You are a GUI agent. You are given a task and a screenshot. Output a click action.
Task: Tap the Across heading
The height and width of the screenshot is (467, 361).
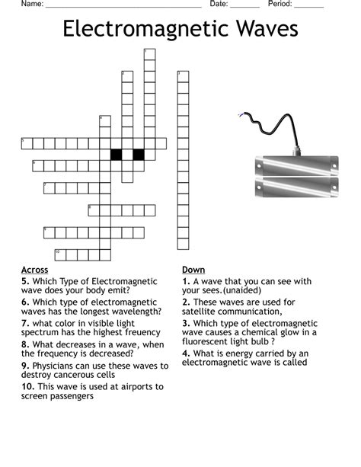point(35,270)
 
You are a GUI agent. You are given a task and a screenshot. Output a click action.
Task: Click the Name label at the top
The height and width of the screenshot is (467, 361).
point(31,4)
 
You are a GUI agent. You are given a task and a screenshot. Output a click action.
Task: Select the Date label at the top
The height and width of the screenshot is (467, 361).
point(218,4)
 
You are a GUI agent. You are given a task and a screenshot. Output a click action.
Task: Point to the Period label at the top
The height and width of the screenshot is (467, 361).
point(280,4)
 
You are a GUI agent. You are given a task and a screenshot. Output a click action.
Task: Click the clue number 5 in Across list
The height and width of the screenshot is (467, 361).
point(24,281)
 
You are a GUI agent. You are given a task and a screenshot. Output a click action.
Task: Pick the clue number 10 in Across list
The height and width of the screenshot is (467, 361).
point(27,387)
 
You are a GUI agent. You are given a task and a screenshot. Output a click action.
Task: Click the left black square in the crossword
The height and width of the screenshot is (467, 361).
point(117,155)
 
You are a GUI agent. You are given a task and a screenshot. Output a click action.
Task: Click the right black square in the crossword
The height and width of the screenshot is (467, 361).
point(139,155)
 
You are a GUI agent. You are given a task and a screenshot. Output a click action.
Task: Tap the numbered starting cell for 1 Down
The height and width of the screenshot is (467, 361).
point(149,54)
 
